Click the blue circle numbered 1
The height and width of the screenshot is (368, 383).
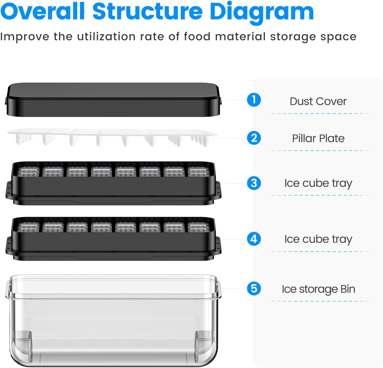[x=254, y=100]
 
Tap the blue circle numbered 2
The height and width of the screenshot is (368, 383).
[x=254, y=138]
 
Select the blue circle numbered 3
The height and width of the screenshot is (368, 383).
[x=254, y=183]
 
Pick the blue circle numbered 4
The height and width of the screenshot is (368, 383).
[x=254, y=239]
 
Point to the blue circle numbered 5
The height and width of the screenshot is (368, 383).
[x=254, y=289]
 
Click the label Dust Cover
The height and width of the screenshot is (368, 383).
[x=318, y=101]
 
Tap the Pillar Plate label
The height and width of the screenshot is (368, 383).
[x=318, y=138]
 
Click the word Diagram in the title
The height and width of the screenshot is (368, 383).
[x=261, y=12]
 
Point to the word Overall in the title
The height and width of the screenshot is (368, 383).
[x=43, y=11]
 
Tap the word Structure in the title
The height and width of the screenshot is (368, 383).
[x=148, y=11]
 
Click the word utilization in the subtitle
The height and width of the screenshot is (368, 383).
[x=106, y=37]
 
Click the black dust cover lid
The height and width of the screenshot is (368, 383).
[x=113, y=100]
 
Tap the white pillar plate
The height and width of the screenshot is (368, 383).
[x=112, y=137]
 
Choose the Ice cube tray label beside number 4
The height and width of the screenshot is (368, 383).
[x=318, y=239]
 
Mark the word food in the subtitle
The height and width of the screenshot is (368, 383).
[x=197, y=37]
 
